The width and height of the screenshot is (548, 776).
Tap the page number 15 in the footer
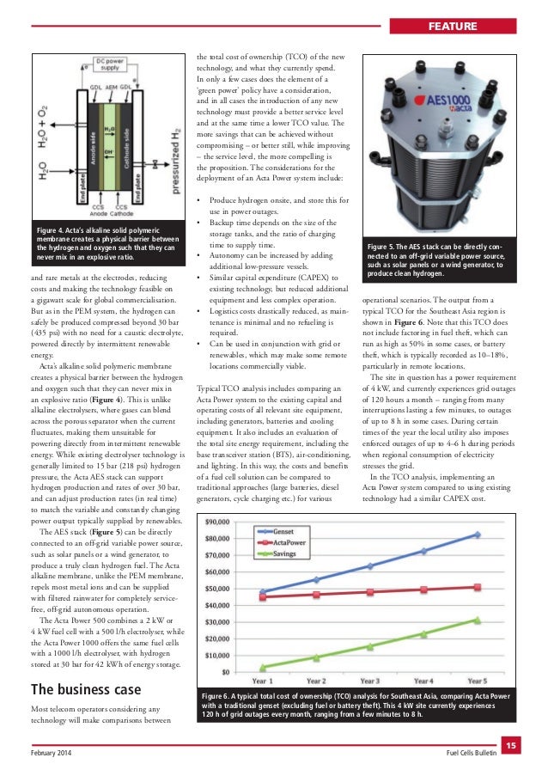[508, 745]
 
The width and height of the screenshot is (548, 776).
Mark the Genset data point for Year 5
[478, 535]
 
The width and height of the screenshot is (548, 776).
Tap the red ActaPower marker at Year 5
[478, 587]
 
